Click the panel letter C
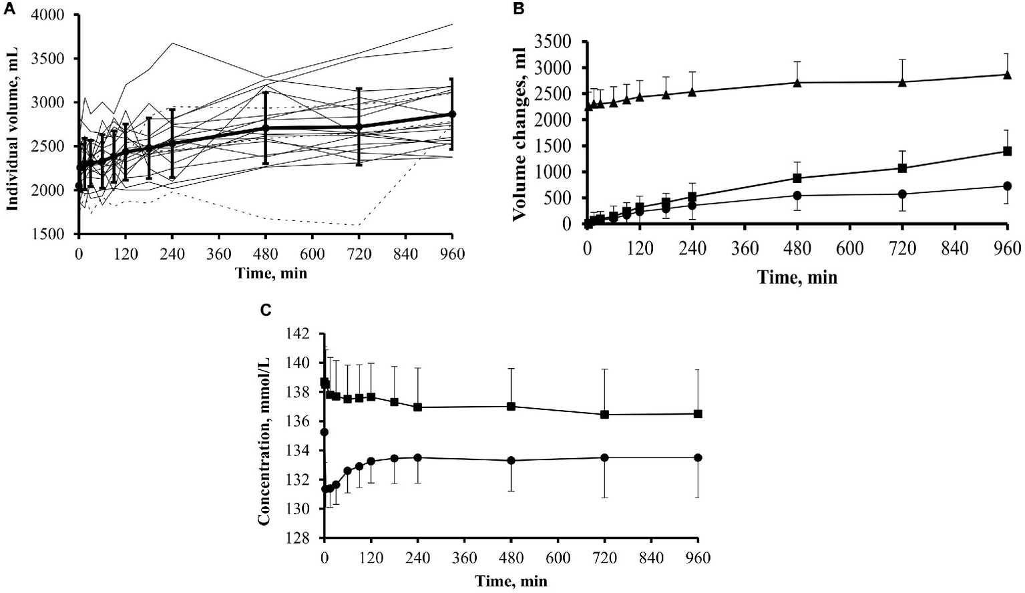(265, 310)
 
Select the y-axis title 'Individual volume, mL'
(11, 124)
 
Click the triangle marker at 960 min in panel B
(1007, 74)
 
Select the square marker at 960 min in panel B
(1007, 151)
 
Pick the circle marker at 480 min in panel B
(797, 195)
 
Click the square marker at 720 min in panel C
(604, 414)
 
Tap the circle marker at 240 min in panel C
(417, 457)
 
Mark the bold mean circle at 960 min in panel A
(452, 114)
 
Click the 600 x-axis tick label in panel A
(313, 254)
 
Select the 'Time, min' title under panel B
(797, 276)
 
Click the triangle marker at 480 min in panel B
(797, 82)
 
